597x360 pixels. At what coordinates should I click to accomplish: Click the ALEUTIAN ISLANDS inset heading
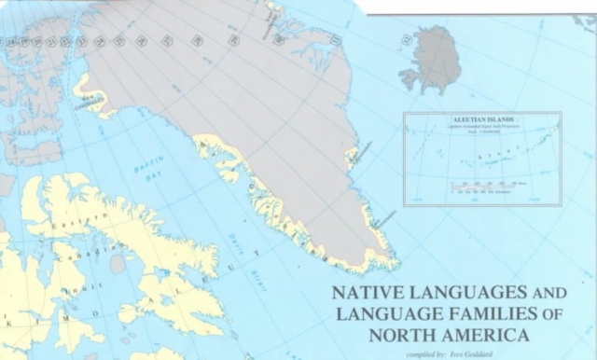coord(481,120)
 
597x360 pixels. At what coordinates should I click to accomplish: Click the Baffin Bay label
coord(146,170)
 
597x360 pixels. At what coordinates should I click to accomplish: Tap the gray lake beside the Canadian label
coord(118,264)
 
